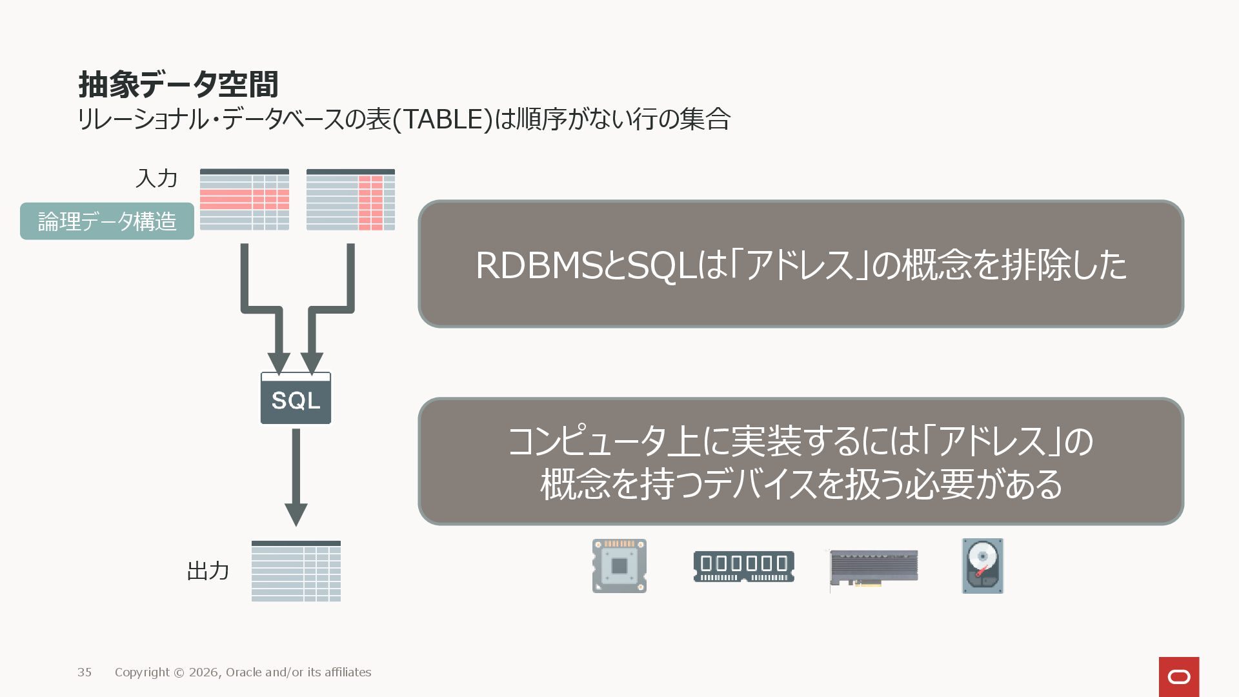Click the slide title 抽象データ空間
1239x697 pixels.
[x=178, y=85]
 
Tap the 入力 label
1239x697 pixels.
[x=156, y=178]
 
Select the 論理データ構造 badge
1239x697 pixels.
[x=107, y=221]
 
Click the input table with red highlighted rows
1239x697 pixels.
[x=245, y=199]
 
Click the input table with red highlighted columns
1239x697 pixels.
[x=350, y=199]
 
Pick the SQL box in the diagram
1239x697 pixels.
[x=296, y=399]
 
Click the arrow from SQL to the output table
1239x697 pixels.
[x=296, y=478]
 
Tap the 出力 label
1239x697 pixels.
[x=208, y=571]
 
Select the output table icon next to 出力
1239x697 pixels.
[x=296, y=571]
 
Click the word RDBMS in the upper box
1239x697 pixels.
[x=539, y=265]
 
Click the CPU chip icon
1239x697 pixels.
[x=619, y=566]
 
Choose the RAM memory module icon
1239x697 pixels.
[x=743, y=567]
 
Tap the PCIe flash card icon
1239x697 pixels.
[x=874, y=569]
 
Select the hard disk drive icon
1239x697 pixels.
[x=983, y=566]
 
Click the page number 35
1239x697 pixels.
[x=85, y=672]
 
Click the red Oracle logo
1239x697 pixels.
[x=1179, y=676]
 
